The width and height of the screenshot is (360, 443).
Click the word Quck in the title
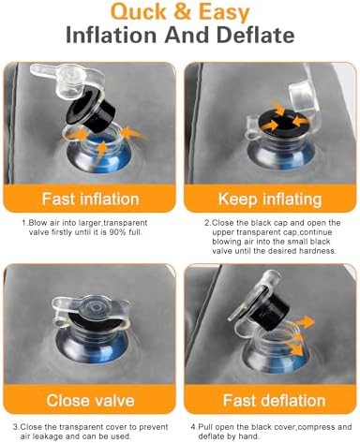(140, 12)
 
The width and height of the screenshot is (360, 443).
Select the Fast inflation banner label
(90, 199)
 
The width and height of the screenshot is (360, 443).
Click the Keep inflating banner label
(270, 199)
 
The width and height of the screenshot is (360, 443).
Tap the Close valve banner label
(90, 400)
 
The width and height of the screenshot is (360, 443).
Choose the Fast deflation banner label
(274, 400)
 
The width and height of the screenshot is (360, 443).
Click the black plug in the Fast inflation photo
(91, 113)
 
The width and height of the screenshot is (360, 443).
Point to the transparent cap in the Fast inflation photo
(66, 78)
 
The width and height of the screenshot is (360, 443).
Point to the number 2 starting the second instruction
(206, 223)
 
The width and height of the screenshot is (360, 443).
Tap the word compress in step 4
(312, 427)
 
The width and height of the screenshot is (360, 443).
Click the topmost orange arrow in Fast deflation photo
(304, 322)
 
